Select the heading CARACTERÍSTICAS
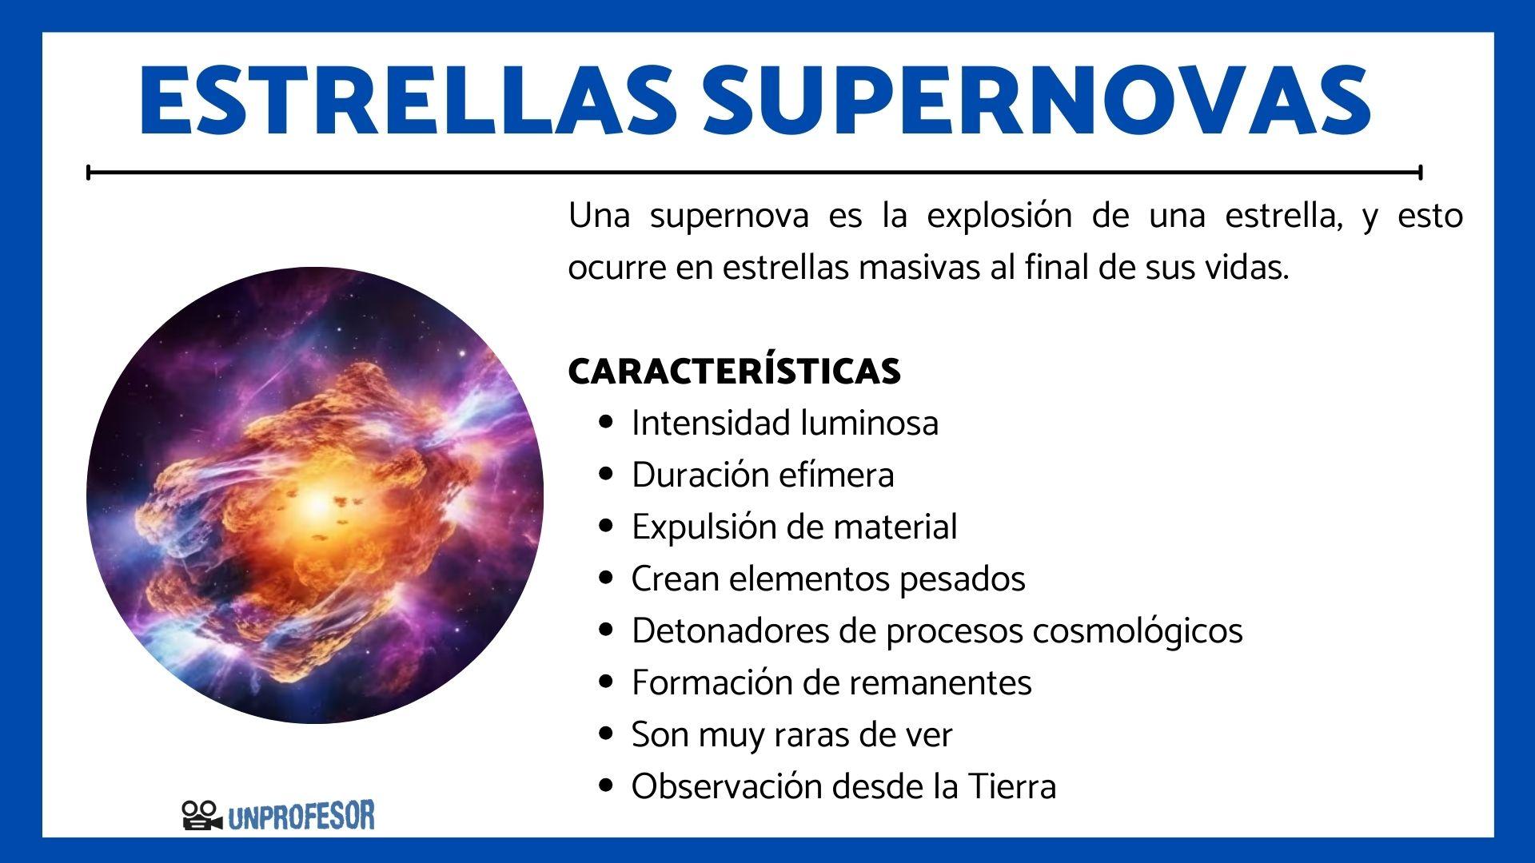click(734, 372)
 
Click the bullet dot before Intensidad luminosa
click(607, 423)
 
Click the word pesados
click(962, 579)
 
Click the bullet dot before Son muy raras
click(607, 734)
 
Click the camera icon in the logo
click(201, 815)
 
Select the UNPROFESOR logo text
click(301, 816)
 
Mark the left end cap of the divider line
click(89, 172)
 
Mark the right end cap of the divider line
click(1420, 172)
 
